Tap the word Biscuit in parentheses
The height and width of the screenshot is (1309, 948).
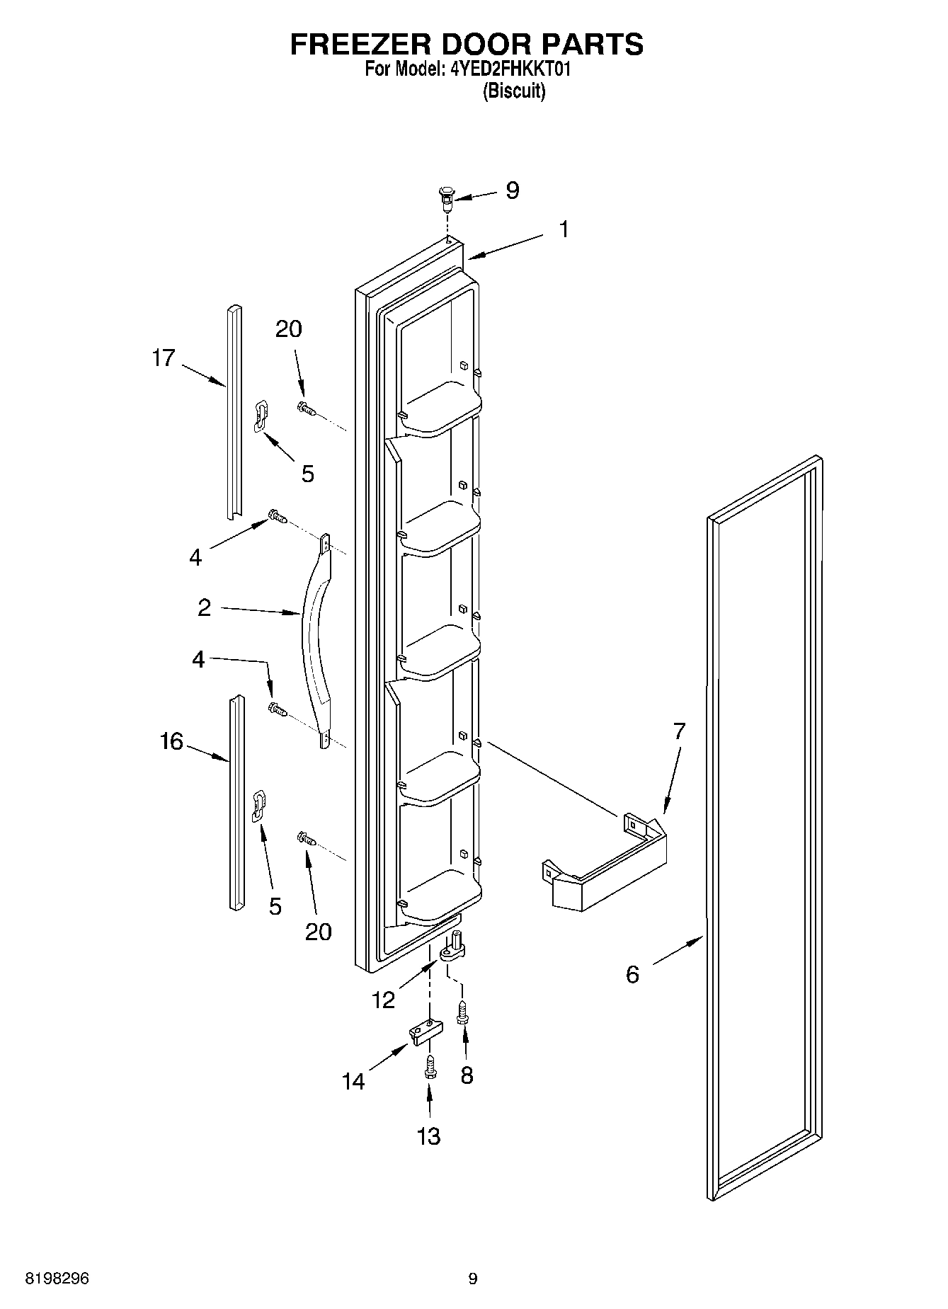pyautogui.click(x=513, y=91)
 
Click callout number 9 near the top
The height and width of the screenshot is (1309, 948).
pyautogui.click(x=513, y=190)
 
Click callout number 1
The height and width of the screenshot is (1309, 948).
pyautogui.click(x=564, y=229)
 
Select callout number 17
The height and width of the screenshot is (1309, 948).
pyautogui.click(x=163, y=358)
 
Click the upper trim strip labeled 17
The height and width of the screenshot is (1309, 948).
pyautogui.click(x=234, y=411)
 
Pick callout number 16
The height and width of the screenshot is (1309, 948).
pyautogui.click(x=171, y=742)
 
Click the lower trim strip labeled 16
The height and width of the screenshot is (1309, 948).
pyautogui.click(x=236, y=800)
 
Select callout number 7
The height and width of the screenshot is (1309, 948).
pyautogui.click(x=679, y=731)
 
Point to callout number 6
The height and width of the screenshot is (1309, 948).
pyautogui.click(x=632, y=974)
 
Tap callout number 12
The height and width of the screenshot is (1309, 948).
pyautogui.click(x=383, y=1000)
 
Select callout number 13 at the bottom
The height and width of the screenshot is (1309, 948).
pyautogui.click(x=429, y=1136)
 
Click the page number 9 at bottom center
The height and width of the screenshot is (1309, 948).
pyautogui.click(x=473, y=1279)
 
